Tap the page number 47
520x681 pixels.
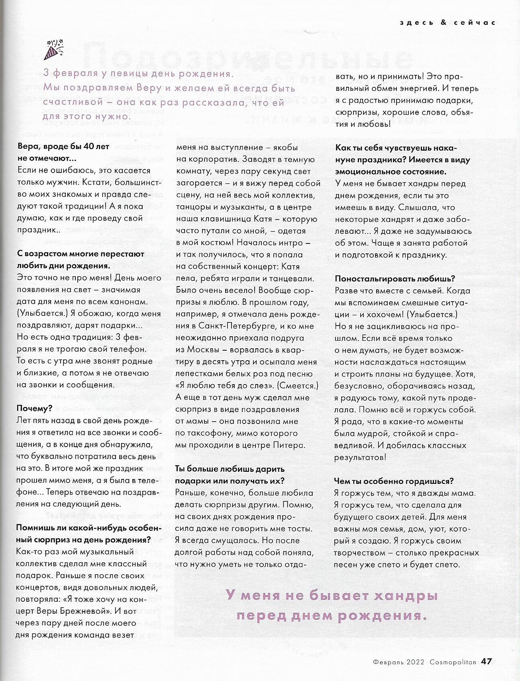[486, 661]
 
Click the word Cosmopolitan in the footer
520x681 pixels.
[453, 662]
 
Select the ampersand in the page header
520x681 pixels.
[443, 23]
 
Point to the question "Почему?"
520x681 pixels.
[35, 408]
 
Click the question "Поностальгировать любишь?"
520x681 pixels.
[395, 279]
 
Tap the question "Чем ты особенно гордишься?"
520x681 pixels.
[394, 481]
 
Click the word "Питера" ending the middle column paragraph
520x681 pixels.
[291, 445]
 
